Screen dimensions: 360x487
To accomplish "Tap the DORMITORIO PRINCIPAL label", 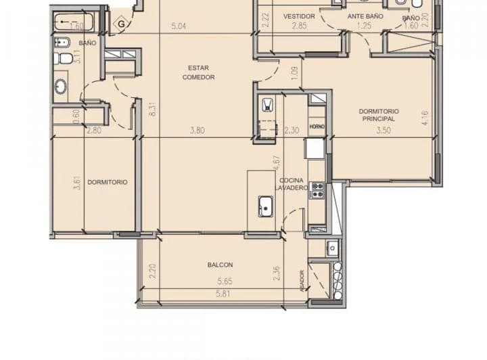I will point(378,114).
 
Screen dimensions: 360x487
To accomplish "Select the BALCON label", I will point(220,265).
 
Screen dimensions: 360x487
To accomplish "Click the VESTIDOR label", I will point(299,16).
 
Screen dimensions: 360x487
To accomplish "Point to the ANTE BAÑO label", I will point(365,16).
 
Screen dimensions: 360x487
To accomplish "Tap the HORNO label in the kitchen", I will point(317,127).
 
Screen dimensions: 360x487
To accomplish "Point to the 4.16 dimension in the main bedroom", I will point(425,119).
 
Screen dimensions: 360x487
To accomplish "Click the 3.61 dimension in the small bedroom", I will point(78,183).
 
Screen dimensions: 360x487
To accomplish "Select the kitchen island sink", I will point(264,206).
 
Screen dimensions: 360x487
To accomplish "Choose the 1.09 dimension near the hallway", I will point(294,72).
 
